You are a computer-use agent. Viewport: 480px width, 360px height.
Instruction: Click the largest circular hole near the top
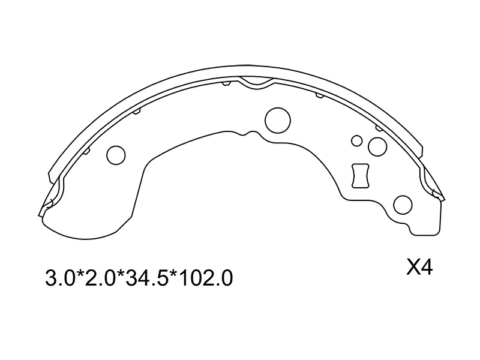(x=277, y=118)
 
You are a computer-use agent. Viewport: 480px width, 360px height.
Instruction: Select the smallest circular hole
(x=356, y=141)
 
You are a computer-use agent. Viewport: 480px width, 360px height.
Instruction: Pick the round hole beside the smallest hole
(x=377, y=146)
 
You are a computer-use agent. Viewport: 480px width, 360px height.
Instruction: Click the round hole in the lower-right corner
(x=404, y=205)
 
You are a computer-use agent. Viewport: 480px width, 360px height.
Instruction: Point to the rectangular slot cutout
(x=361, y=176)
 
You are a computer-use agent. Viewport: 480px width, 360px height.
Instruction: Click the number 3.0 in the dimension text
(x=58, y=278)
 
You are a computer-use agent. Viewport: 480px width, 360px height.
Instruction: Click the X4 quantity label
(x=419, y=267)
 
